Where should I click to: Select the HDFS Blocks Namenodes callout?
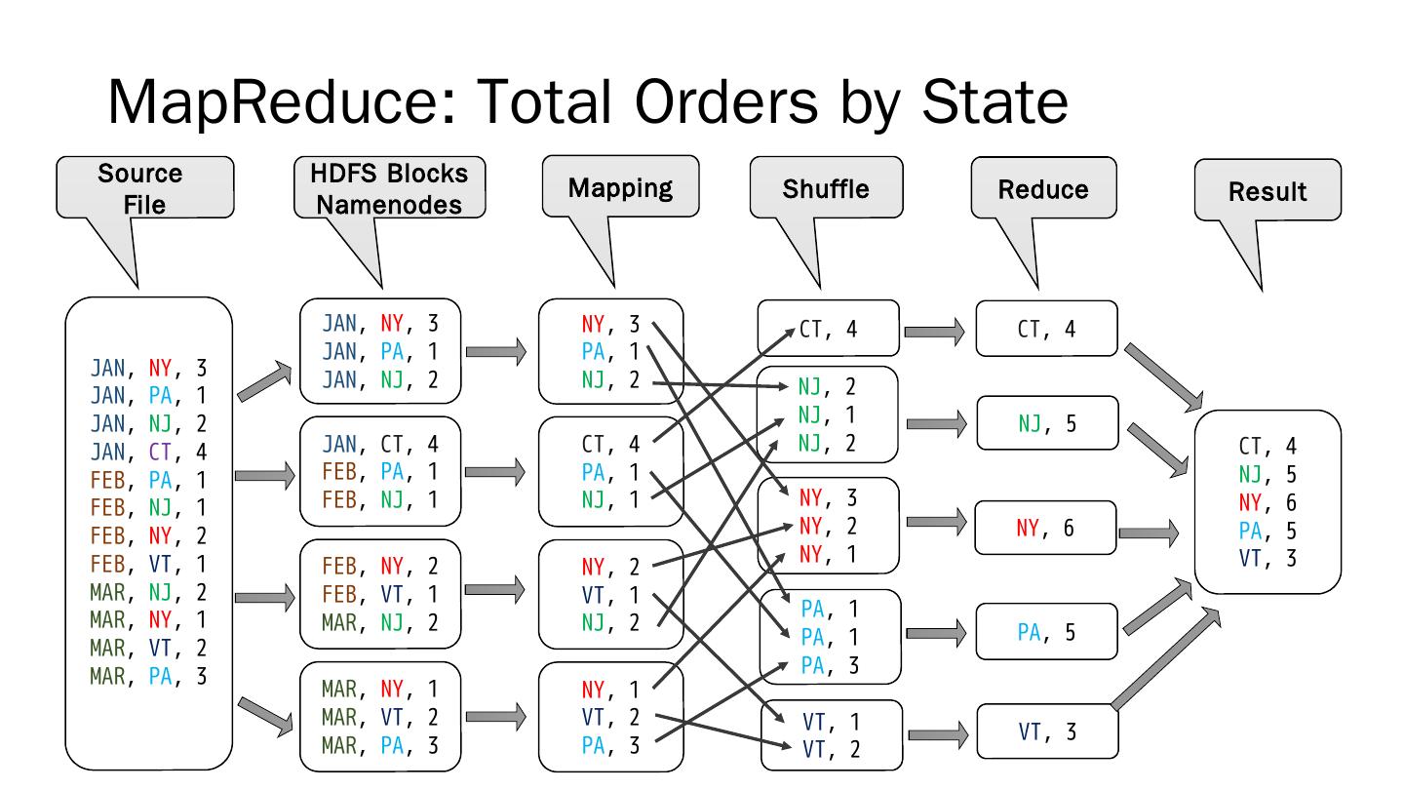click(x=389, y=187)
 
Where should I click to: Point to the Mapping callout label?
click(x=620, y=187)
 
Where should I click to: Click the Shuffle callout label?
click(x=826, y=187)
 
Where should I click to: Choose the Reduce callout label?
click(x=1043, y=189)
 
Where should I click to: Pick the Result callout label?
click(x=1267, y=191)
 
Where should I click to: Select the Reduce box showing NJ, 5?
click(x=1046, y=423)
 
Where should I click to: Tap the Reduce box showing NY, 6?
click(x=1046, y=528)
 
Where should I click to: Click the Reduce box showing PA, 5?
click(x=1046, y=632)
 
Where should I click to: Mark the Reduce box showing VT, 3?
click(x=1046, y=731)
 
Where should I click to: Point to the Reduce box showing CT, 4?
click(x=1046, y=329)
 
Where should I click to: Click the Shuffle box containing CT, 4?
click(x=828, y=329)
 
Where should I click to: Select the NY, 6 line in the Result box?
click(x=1267, y=502)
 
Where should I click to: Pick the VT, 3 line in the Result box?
click(x=1267, y=558)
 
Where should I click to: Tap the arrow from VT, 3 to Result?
click(x=1165, y=659)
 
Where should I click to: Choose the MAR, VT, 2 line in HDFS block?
click(x=380, y=718)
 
